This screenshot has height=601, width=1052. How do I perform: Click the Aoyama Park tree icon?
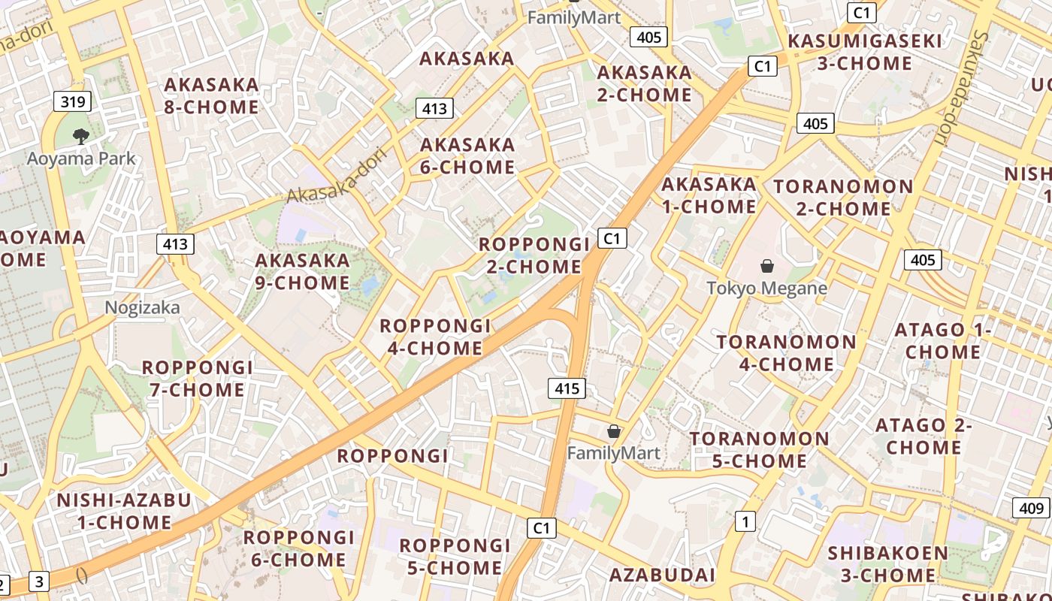tap(80, 136)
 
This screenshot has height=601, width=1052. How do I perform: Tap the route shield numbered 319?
tap(72, 101)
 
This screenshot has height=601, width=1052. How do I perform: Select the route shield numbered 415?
tap(567, 388)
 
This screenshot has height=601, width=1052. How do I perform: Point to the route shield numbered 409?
tap(1032, 509)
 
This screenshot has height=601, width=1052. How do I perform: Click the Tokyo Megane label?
tap(766, 288)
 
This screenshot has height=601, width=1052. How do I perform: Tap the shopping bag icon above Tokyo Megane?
tap(766, 266)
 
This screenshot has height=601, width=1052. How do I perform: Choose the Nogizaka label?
tap(142, 307)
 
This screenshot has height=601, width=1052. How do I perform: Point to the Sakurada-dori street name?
tap(959, 89)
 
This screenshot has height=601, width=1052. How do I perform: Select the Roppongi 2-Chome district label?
tap(534, 255)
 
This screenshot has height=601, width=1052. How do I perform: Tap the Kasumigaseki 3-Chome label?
tap(864, 52)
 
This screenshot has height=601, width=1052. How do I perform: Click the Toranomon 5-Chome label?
tap(760, 449)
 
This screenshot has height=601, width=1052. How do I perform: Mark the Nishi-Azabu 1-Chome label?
tap(113, 511)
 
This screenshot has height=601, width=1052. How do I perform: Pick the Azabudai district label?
tap(662, 575)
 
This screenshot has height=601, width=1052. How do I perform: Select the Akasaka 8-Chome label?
tap(211, 95)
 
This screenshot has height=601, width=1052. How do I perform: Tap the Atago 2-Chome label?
tap(924, 436)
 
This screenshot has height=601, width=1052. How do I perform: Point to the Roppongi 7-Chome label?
tap(197, 379)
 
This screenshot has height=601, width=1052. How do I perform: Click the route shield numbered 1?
tap(745, 521)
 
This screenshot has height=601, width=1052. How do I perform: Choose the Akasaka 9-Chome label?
tap(302, 272)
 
